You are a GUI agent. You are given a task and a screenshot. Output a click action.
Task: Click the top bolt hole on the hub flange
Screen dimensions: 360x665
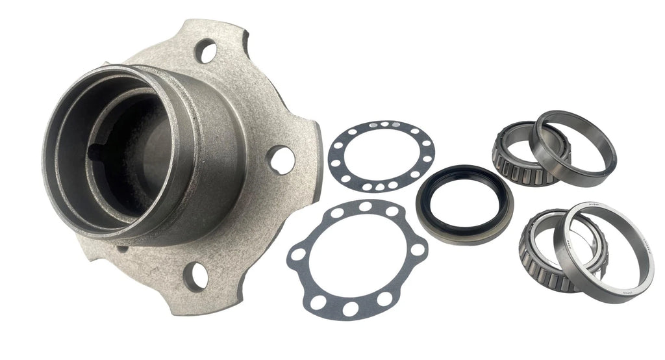tap(207, 51)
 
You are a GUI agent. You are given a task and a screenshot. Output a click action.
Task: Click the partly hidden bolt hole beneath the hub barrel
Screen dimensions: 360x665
tap(123, 249)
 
